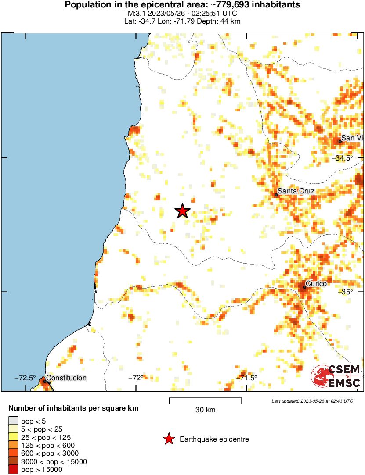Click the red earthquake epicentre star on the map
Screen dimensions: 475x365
pos(183,211)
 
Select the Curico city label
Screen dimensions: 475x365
pos(316,284)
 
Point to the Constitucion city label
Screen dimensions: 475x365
pos(66,378)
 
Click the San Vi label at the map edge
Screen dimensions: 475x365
pos(352,138)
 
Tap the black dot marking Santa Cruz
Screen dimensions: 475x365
pos(276,195)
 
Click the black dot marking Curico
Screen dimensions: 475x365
pos(304,287)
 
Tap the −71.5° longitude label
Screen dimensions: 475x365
pos(246,378)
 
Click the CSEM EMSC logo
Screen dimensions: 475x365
pos(336,376)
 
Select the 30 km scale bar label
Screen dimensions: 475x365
pos(205,410)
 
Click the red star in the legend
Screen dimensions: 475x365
pos(168,439)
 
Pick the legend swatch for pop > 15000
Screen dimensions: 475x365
pos(13,469)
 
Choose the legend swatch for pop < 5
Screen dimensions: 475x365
pos(13,422)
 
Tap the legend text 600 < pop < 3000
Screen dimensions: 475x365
pos(50,454)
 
